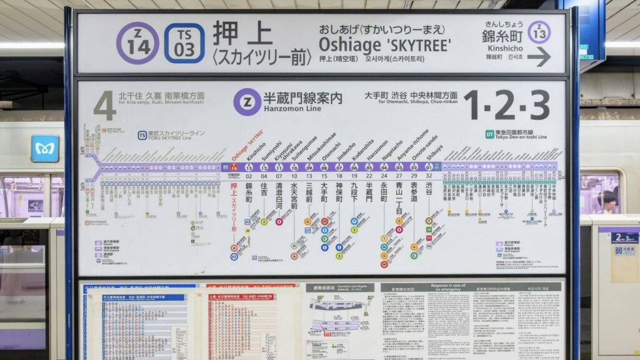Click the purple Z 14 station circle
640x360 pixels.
tap(137, 43)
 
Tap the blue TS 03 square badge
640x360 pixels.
tap(184, 43)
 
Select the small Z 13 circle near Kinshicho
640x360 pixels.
tap(539, 32)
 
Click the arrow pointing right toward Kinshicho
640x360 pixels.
tap(539, 57)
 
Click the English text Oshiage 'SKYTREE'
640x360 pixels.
tap(384, 45)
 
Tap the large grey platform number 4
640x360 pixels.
tap(105, 105)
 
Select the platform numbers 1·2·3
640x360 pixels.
tap(507, 104)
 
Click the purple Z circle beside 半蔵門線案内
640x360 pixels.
tap(247, 101)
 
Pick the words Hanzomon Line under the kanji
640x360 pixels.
tap(292, 109)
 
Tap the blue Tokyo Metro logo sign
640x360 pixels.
tap(45, 148)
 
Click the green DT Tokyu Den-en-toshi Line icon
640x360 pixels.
tap(489, 134)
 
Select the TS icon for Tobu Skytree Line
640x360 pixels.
tap(142, 134)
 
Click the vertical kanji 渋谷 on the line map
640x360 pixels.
tap(429, 189)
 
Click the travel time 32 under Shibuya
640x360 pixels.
tap(429, 176)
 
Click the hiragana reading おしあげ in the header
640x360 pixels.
tap(337, 29)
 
